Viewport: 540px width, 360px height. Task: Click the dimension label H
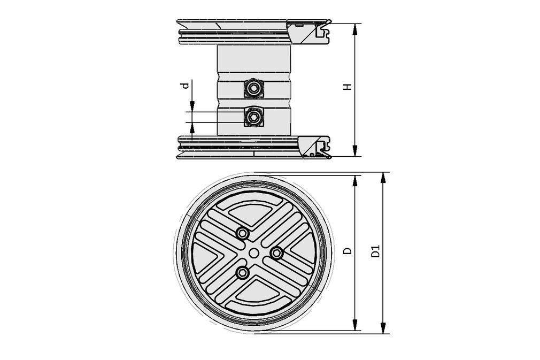pyautogui.click(x=348, y=87)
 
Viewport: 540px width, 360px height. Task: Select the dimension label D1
pyautogui.click(x=376, y=251)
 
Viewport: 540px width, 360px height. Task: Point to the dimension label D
pyautogui.click(x=348, y=251)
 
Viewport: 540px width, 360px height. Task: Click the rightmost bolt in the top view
pyautogui.click(x=276, y=253)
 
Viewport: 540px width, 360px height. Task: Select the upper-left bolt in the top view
pyautogui.click(x=242, y=233)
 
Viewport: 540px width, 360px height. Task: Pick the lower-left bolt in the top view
pyautogui.click(x=242, y=273)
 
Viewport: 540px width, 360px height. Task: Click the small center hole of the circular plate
pyautogui.click(x=253, y=252)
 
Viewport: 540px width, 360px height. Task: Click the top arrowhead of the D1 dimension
pyautogui.click(x=383, y=177)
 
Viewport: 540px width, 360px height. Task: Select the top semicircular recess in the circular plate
pyautogui.click(x=253, y=211)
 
